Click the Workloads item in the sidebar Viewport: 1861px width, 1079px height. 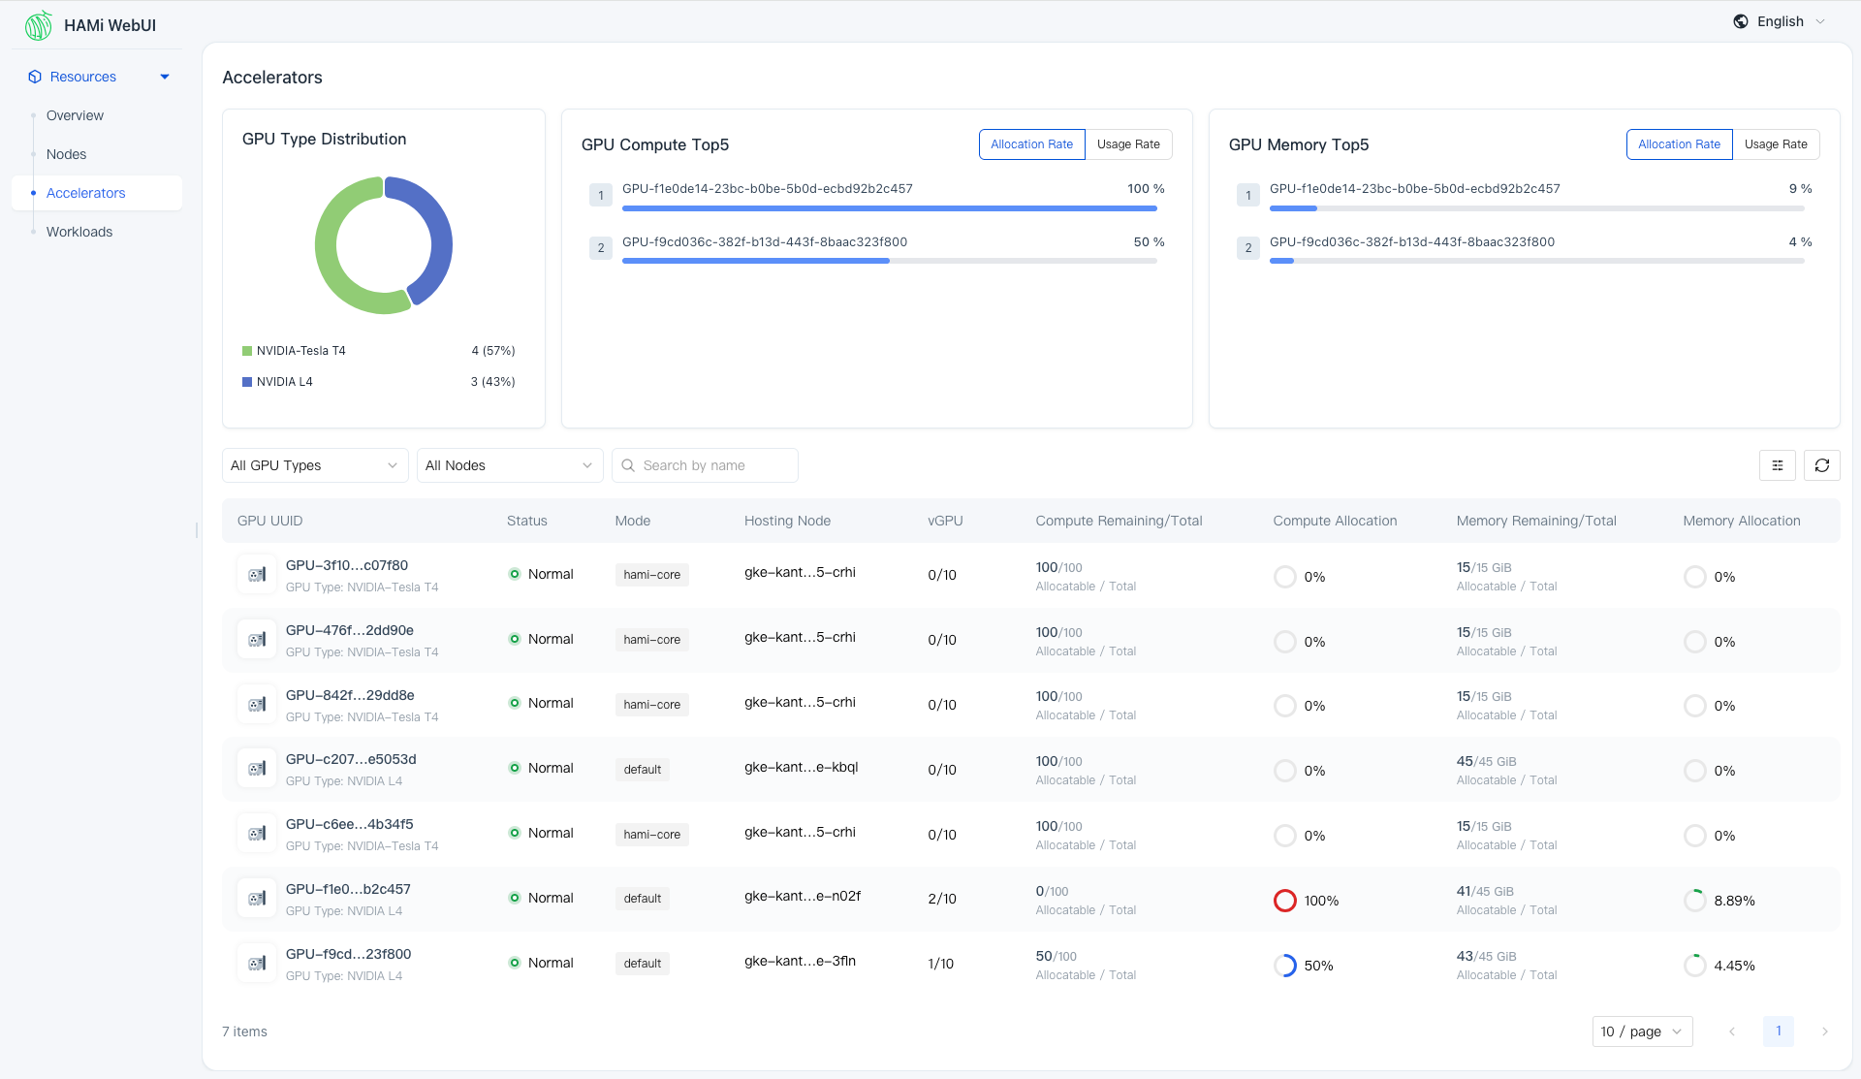(x=79, y=232)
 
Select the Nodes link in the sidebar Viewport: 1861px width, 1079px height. (x=66, y=154)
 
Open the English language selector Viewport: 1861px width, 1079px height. (x=1780, y=21)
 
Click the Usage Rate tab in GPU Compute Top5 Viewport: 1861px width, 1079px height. (x=1128, y=144)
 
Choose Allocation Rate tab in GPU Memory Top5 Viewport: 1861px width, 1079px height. (x=1679, y=144)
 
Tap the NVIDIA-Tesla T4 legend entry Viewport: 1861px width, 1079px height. (x=300, y=351)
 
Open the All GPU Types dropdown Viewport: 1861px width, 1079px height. (x=315, y=465)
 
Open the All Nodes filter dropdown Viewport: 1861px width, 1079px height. (x=510, y=465)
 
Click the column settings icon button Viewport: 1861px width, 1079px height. (x=1777, y=465)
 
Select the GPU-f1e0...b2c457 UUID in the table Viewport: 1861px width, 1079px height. (x=348, y=889)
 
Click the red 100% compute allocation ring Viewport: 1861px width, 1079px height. (x=1284, y=901)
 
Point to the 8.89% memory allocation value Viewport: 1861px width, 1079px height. (x=1734, y=901)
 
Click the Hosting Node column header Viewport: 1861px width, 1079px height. (x=787, y=521)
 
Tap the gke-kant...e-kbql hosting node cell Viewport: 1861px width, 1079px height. (x=801, y=767)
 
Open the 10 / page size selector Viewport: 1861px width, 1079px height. (x=1642, y=1031)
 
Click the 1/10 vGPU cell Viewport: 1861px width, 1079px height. (x=940, y=964)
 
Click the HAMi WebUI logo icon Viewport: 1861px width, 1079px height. (x=39, y=25)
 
